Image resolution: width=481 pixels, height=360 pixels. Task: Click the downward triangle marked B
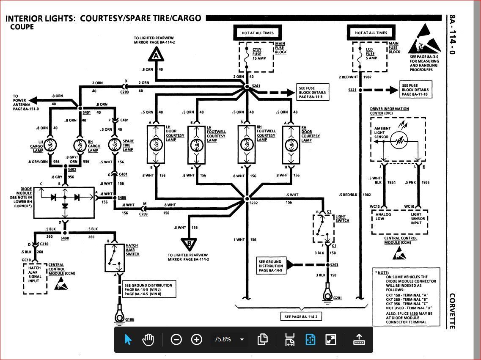pos(189,244)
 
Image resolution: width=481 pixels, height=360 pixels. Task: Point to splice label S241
pos(256,86)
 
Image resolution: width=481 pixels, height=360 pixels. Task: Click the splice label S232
pos(253,203)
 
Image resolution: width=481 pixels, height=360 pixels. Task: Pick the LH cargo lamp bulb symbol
pos(50,145)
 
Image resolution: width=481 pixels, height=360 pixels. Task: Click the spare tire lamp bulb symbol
pos(114,145)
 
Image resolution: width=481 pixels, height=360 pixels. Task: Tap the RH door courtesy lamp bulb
pos(291,145)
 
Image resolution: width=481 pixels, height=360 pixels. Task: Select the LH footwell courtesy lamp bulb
pos(197,145)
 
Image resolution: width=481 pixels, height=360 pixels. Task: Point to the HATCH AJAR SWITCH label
pos(132,250)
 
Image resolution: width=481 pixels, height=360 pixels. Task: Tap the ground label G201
pos(338,298)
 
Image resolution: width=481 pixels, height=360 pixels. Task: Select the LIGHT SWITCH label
pos(342,219)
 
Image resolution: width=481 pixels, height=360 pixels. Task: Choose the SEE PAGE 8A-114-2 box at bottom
pos(301,316)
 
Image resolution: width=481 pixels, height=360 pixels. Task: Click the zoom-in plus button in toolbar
pos(197,339)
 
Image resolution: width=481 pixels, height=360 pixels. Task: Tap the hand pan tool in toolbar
pos(148,339)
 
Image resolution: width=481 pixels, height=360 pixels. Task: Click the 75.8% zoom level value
pos(223,339)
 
